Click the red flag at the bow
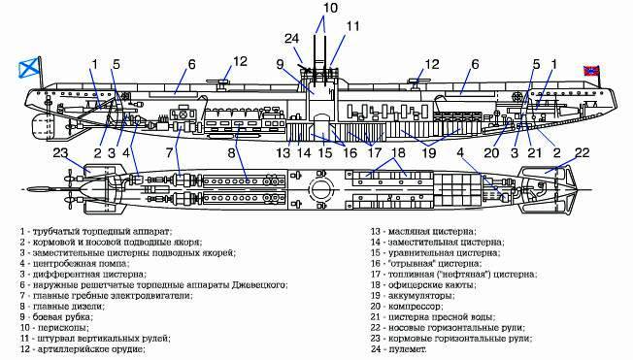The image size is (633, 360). [x=591, y=71]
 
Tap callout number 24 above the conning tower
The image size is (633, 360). [x=292, y=39]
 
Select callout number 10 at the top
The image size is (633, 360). [x=330, y=8]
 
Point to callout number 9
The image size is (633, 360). [x=281, y=64]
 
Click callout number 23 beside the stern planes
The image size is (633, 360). [x=61, y=153]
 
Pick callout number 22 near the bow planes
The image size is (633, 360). [x=583, y=152]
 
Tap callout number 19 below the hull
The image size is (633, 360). [x=429, y=153]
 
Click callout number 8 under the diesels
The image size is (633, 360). [x=231, y=153]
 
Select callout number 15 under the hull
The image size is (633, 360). [x=325, y=153]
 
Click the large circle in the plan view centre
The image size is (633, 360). [x=321, y=189]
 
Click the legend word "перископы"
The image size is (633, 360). [x=63, y=328]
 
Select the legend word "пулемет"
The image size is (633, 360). [x=408, y=349]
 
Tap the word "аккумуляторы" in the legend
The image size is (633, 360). [x=421, y=296]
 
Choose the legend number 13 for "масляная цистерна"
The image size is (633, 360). [x=376, y=232]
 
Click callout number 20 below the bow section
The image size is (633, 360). [x=491, y=153]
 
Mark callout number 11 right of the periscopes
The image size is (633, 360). [x=352, y=26]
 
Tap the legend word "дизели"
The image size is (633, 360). [x=88, y=307]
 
